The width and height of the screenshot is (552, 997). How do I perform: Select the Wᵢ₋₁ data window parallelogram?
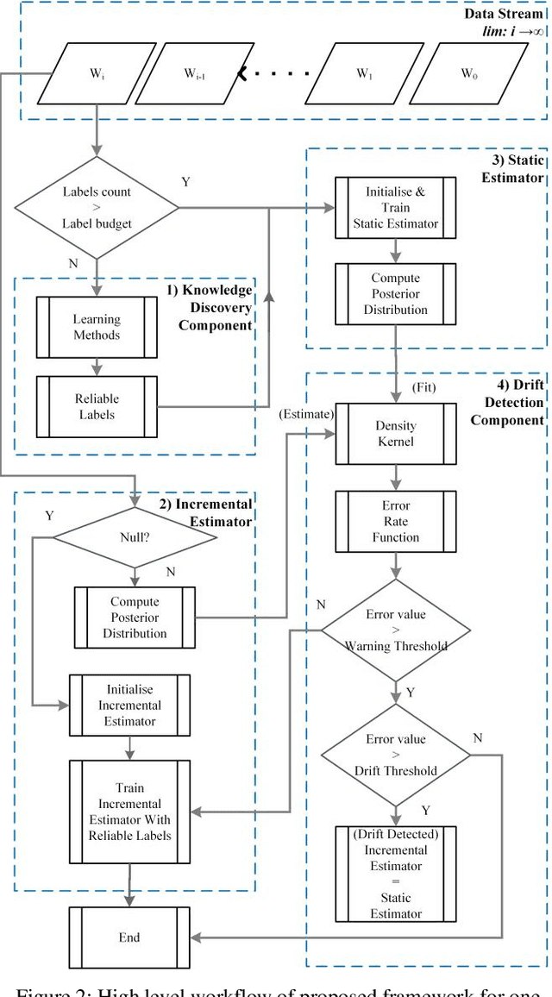pyautogui.click(x=194, y=73)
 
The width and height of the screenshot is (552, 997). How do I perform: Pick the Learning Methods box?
pyautogui.click(x=97, y=327)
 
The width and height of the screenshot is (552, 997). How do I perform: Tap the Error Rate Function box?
pyautogui.click(x=396, y=521)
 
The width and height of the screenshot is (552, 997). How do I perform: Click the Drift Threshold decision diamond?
pyautogui.click(x=396, y=755)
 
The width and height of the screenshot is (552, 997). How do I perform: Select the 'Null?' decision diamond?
pyautogui.click(x=135, y=536)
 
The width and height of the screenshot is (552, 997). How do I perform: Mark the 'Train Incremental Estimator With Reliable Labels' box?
pyautogui.click(x=129, y=812)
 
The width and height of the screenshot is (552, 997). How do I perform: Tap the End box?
pyautogui.click(x=129, y=937)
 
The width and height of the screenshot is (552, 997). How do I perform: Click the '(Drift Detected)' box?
pyautogui.click(x=396, y=875)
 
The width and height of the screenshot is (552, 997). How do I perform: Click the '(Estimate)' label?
pyautogui.click(x=304, y=413)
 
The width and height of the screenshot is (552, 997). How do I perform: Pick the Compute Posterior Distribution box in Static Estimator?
pyautogui.click(x=396, y=293)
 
